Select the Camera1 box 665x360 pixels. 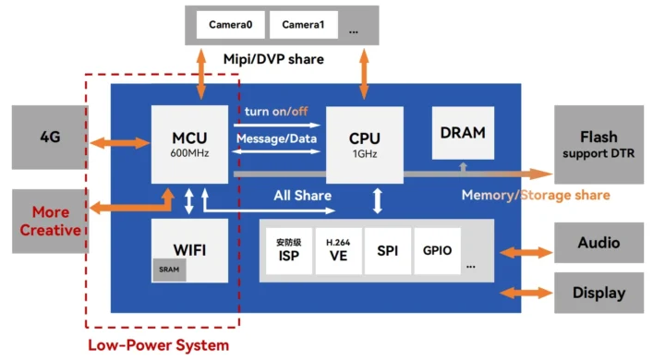coord(303,25)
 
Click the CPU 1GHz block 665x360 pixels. coord(364,144)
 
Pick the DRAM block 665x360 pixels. coord(462,132)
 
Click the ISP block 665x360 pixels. coord(288,251)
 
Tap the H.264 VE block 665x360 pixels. coord(338,251)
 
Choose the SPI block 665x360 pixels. coord(388,251)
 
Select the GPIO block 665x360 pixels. coord(438,251)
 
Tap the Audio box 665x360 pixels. coord(598,244)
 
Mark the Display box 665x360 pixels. coord(598,294)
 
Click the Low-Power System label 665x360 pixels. coord(158,345)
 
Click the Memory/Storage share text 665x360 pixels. coord(536,195)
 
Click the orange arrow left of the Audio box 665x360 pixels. coord(525,249)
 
